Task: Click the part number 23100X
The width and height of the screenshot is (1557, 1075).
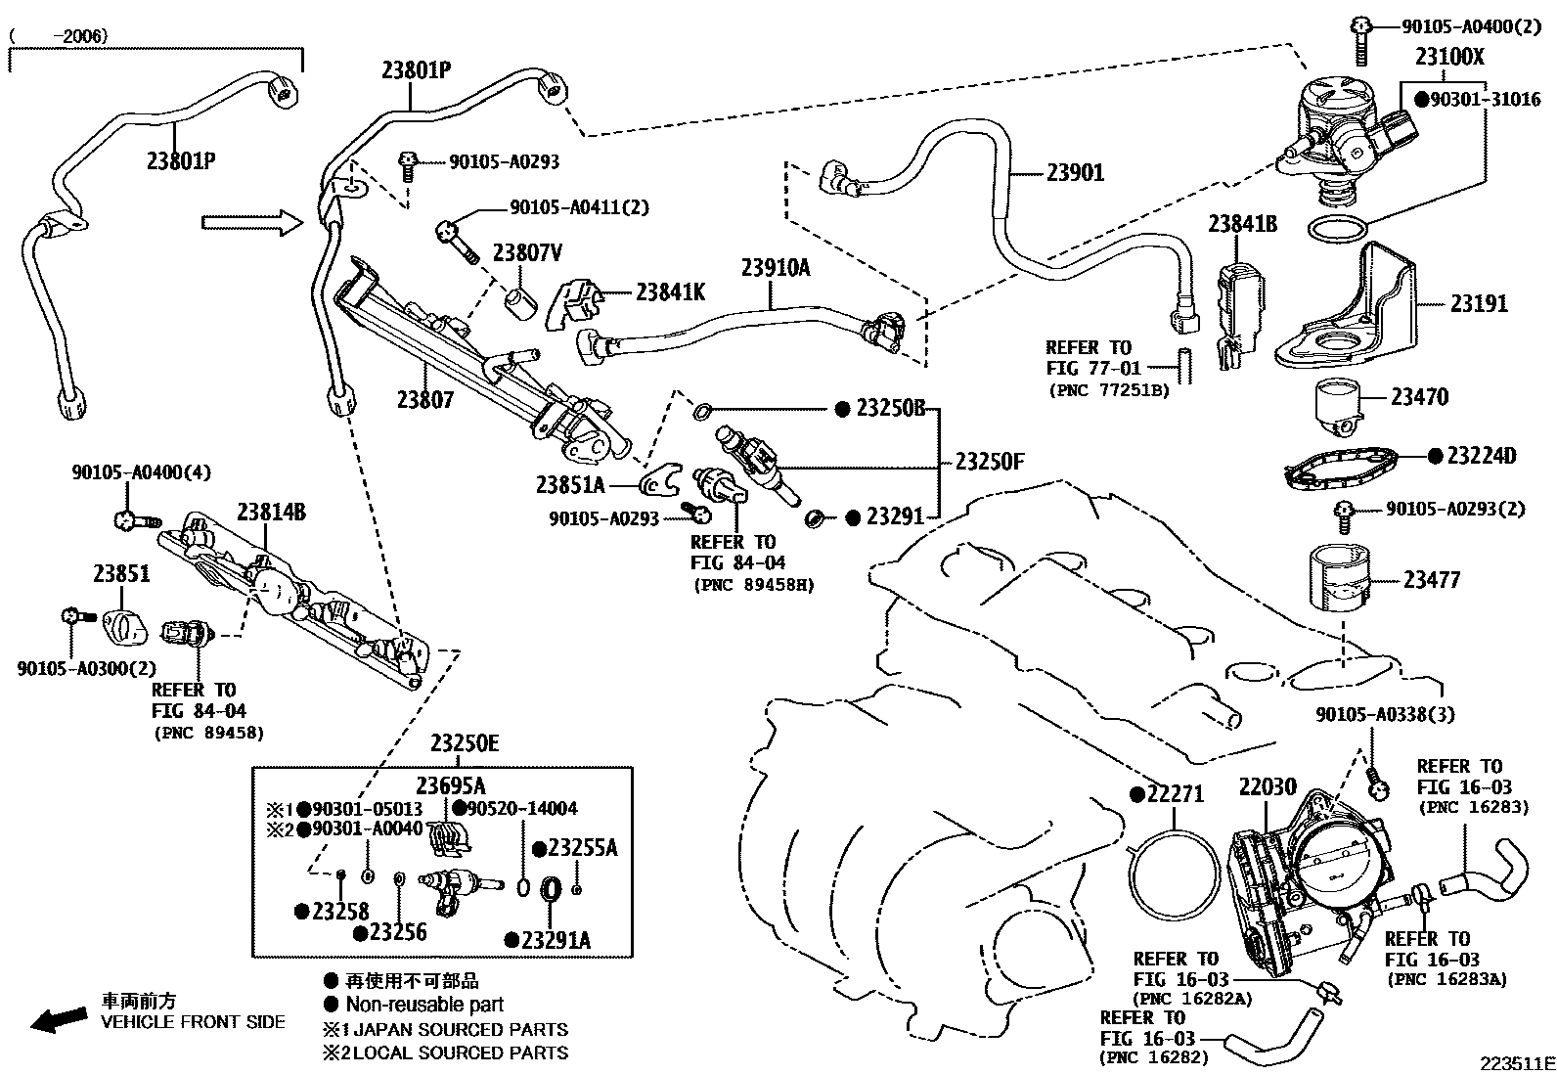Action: pyautogui.click(x=1448, y=57)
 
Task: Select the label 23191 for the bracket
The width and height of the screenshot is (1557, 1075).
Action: pyautogui.click(x=1478, y=304)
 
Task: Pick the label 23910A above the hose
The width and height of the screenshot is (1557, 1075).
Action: pyautogui.click(x=775, y=267)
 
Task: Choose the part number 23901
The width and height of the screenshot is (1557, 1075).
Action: pyautogui.click(x=1075, y=173)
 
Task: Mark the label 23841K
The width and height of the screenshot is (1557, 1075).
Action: pyautogui.click(x=670, y=291)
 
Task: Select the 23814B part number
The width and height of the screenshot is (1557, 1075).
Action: pyautogui.click(x=271, y=512)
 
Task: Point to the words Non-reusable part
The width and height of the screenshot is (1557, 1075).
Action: pyautogui.click(x=424, y=1005)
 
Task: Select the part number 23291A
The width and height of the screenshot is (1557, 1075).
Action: pyautogui.click(x=556, y=940)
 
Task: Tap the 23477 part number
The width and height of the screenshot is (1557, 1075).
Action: pyautogui.click(x=1431, y=580)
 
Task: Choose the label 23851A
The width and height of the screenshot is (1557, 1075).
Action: pyautogui.click(x=570, y=483)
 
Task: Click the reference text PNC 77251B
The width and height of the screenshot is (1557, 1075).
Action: pyautogui.click(x=1108, y=390)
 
